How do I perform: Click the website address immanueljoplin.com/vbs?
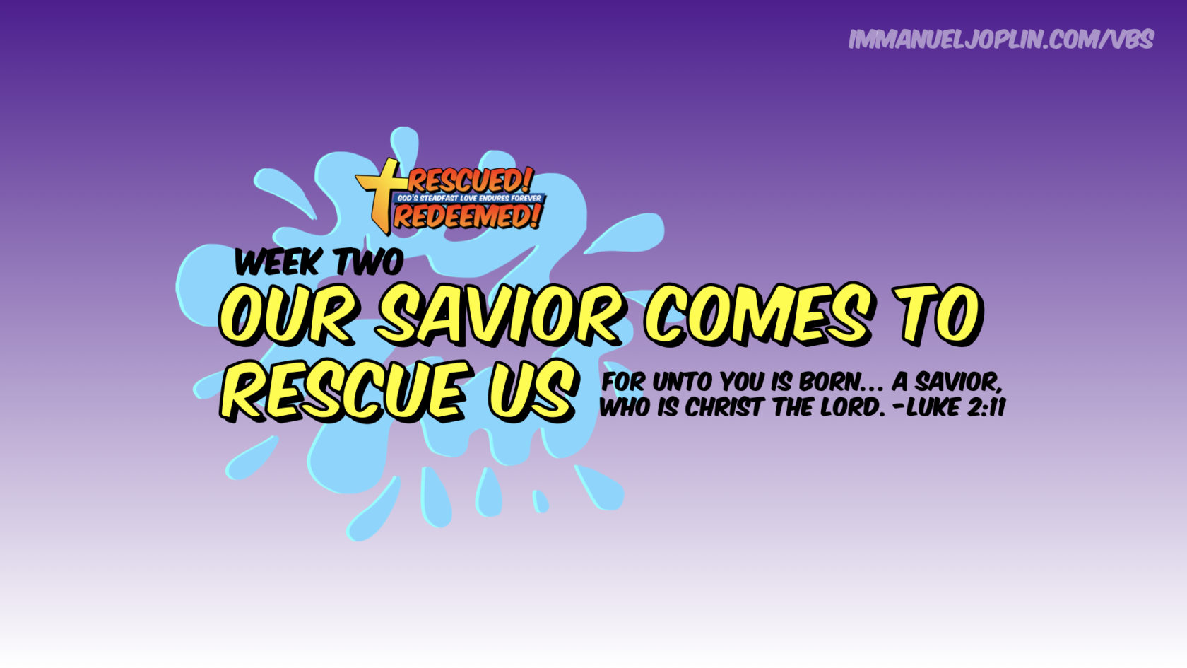pos(1001,40)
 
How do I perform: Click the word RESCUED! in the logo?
pos(469,181)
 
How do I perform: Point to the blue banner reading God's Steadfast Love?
pos(469,198)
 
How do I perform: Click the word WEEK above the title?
pos(278,262)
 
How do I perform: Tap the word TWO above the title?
pos(368,262)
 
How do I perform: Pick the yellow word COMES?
pos(758,313)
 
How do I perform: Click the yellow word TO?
pos(938,313)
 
